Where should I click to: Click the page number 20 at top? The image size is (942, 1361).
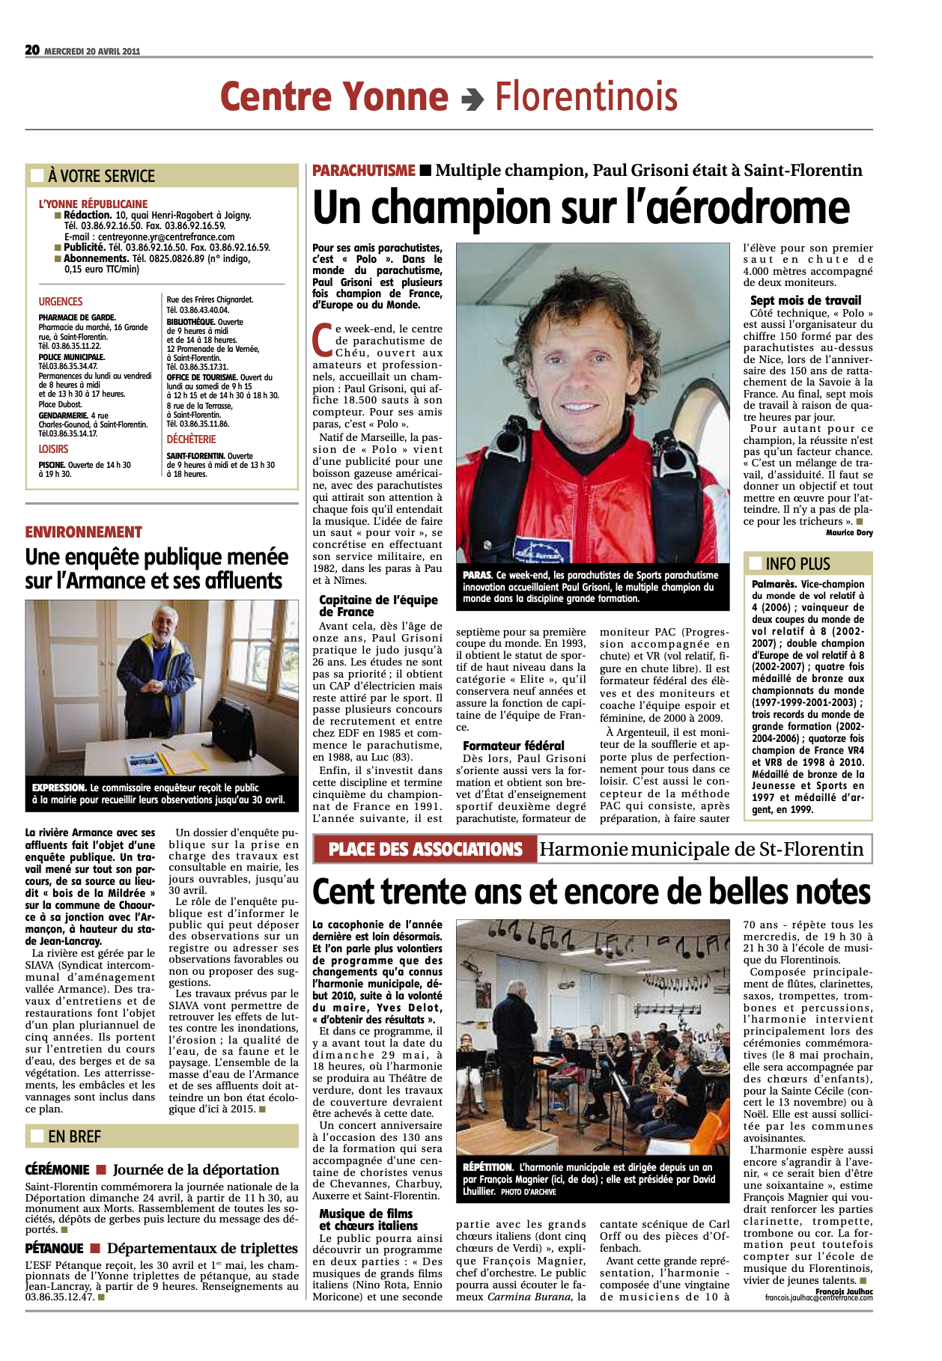click(32, 50)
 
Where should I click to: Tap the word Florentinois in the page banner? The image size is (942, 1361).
click(586, 97)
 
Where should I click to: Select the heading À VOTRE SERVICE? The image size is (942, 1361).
click(101, 177)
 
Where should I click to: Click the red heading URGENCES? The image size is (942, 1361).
click(61, 302)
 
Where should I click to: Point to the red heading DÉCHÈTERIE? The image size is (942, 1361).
click(191, 439)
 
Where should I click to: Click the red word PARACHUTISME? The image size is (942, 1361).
click(364, 171)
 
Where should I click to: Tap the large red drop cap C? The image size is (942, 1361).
click(322, 340)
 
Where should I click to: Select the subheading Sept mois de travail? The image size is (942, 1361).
click(806, 300)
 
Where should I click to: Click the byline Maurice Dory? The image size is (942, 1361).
click(849, 533)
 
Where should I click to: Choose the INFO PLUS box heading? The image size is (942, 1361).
click(798, 564)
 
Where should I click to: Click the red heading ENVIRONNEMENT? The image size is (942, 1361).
click(84, 532)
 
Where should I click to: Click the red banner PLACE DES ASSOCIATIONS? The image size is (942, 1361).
click(425, 850)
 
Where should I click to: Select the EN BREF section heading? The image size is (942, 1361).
click(74, 1136)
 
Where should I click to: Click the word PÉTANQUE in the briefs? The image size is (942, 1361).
click(55, 1249)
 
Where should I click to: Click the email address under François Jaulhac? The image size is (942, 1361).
click(818, 1297)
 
